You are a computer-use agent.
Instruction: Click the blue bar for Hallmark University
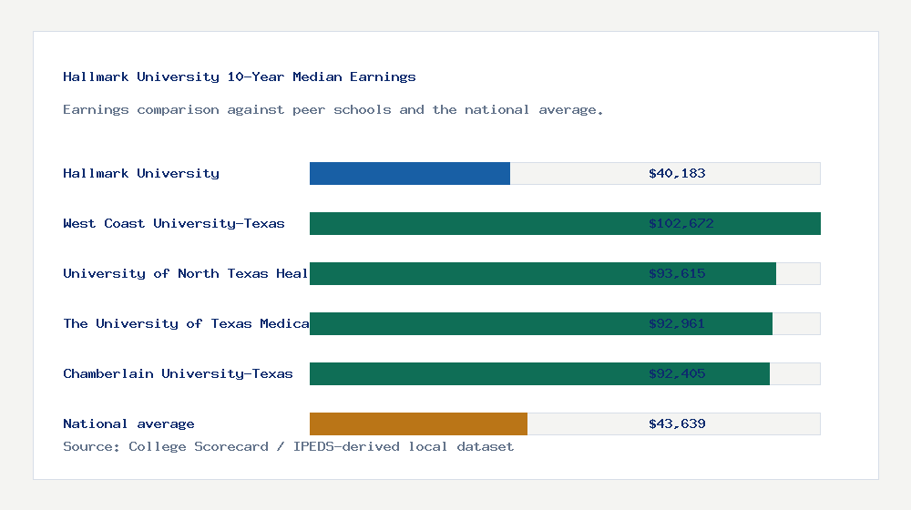[x=410, y=173]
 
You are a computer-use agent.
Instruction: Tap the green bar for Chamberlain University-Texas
[x=474, y=373]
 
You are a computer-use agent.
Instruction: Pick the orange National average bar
[x=418, y=423]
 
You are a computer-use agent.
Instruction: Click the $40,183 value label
[x=677, y=173]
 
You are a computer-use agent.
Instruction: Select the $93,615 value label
[x=677, y=273]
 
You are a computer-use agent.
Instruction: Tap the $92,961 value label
[x=677, y=323]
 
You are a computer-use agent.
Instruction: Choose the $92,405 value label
[x=677, y=373]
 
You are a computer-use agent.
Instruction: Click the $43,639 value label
[x=677, y=423]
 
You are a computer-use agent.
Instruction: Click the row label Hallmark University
[x=141, y=173]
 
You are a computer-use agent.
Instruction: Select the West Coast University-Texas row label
[x=174, y=223]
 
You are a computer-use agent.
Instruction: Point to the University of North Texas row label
[x=186, y=273]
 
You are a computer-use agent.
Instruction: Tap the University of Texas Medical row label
[x=186, y=323]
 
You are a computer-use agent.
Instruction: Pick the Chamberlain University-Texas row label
[x=178, y=373]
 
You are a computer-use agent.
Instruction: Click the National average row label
[x=128, y=423]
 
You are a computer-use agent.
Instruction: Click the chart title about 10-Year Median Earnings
[x=240, y=76]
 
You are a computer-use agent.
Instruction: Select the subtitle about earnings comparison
[x=333, y=109]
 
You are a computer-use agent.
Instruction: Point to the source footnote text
[x=288, y=446]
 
